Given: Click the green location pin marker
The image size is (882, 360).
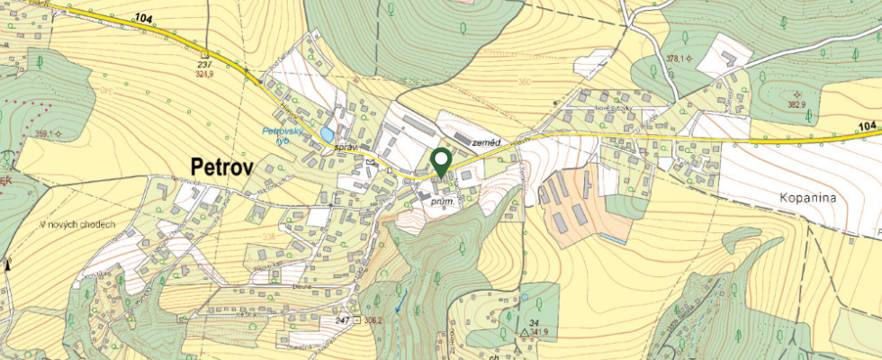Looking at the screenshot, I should coord(441,161).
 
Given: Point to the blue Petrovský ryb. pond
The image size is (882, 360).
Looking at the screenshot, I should coord(325,134).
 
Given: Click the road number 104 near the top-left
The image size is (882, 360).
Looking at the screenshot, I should coord(145,18).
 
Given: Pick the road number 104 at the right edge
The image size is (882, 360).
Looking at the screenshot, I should coord(867,126).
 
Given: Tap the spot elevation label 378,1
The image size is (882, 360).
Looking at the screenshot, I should coord(676,58).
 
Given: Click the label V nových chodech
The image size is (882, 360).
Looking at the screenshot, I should coord(77,224).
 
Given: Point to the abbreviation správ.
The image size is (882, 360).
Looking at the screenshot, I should coord(347,145).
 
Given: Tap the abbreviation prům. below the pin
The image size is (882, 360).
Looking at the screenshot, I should coord(440,203).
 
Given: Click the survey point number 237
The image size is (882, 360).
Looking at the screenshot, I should coord(204,65).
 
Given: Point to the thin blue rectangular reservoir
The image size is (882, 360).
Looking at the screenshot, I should coord(614,238).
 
